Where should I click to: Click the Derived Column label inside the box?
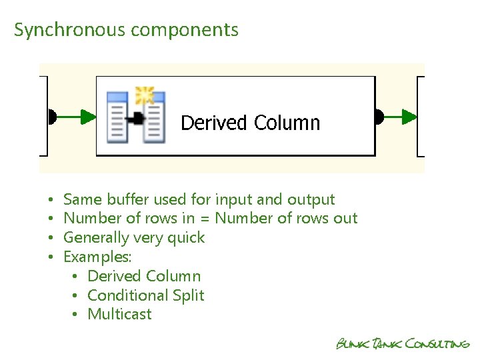click(x=250, y=123)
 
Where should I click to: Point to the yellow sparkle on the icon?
click(x=144, y=95)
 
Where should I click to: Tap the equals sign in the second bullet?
click(x=205, y=219)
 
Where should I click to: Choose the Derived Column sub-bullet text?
click(x=144, y=276)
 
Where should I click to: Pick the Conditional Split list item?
click(x=146, y=295)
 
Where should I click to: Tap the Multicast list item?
click(x=120, y=314)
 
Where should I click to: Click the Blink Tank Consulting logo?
click(x=403, y=343)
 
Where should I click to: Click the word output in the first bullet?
click(x=311, y=199)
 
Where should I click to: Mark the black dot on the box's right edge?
click(x=379, y=117)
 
